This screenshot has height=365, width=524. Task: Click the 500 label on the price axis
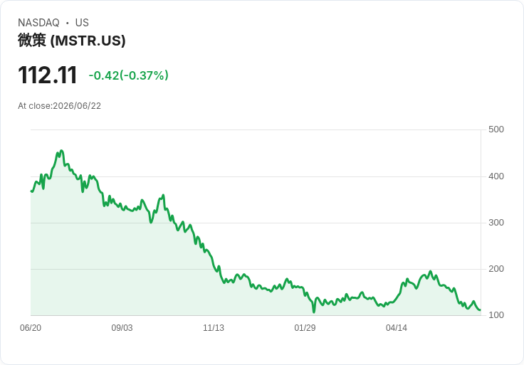point(496,129)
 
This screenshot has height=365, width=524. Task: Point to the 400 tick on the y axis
point(496,176)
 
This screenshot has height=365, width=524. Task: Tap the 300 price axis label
point(496,223)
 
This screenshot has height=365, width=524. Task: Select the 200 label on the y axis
point(496,268)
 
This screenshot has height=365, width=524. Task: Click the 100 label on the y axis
point(496,315)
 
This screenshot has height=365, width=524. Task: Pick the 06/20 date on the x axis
point(31,327)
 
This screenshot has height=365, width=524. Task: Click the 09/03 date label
point(122,327)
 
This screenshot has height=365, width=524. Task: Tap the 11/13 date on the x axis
point(214,327)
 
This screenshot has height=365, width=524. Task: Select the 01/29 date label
point(305,327)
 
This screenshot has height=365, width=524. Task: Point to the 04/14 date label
point(397,327)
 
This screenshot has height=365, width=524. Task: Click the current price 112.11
point(48,75)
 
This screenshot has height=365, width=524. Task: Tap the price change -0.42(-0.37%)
point(128,75)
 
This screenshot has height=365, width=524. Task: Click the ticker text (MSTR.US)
point(88,41)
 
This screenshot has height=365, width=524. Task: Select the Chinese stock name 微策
point(32,41)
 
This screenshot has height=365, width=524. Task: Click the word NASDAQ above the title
point(38,23)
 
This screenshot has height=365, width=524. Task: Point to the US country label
point(82,23)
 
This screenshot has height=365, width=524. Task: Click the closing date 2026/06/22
point(77,106)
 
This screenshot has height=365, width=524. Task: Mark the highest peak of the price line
point(61,151)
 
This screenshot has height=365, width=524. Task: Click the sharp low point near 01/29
point(314,312)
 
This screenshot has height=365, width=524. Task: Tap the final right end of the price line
point(481,310)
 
